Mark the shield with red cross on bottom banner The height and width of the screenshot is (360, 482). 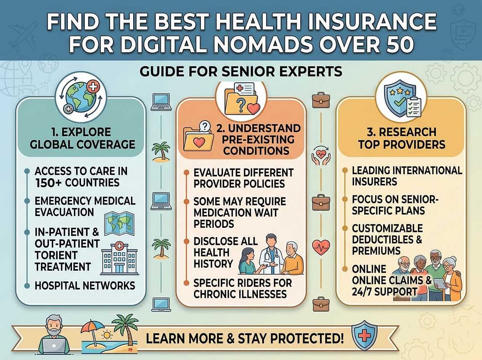pyautogui.click(x=361, y=335)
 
